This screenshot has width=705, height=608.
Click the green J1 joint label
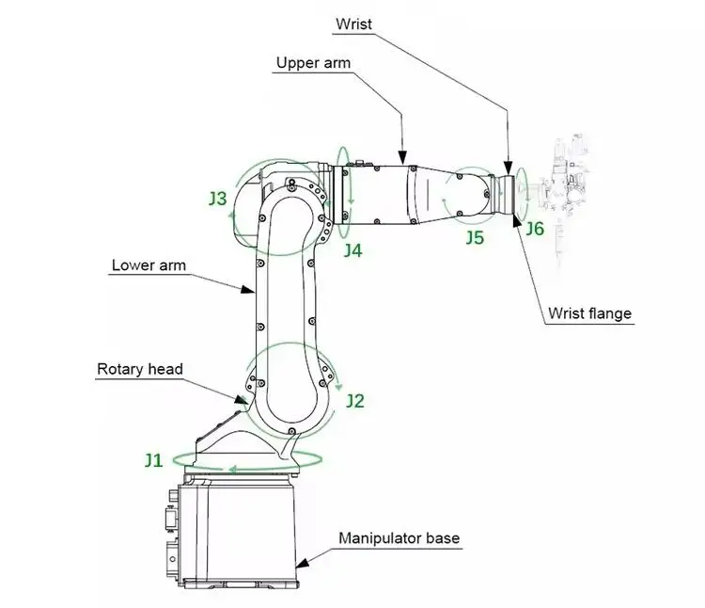tap(153, 460)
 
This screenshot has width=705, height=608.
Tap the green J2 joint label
tap(354, 401)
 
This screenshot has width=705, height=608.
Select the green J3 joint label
tap(217, 199)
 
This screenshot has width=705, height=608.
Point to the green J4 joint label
tap(352, 250)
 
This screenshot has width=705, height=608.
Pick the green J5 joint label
tap(475, 238)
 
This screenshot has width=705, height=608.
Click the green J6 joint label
tap(534, 228)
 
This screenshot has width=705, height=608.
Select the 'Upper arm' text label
tap(313, 64)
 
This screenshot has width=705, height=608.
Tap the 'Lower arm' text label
tap(149, 265)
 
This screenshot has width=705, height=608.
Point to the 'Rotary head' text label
tap(139, 369)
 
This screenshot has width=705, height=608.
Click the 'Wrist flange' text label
tap(589, 313)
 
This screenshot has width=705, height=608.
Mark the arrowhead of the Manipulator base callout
tap(301, 564)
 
